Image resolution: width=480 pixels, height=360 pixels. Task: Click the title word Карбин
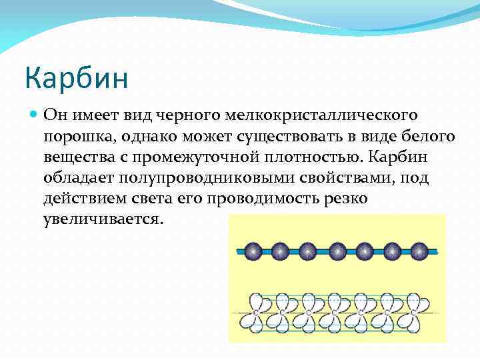[x=76, y=77]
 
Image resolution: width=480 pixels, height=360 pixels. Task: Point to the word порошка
[x=76, y=138]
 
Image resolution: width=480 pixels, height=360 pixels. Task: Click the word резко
[x=349, y=199]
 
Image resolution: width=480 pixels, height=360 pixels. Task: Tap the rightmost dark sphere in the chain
[x=419, y=251]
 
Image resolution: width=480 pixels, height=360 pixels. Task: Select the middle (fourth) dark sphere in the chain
[x=335, y=251]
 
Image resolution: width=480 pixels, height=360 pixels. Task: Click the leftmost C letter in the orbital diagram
[x=256, y=312]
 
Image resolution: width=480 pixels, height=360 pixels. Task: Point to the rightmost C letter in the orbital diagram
[x=413, y=312]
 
